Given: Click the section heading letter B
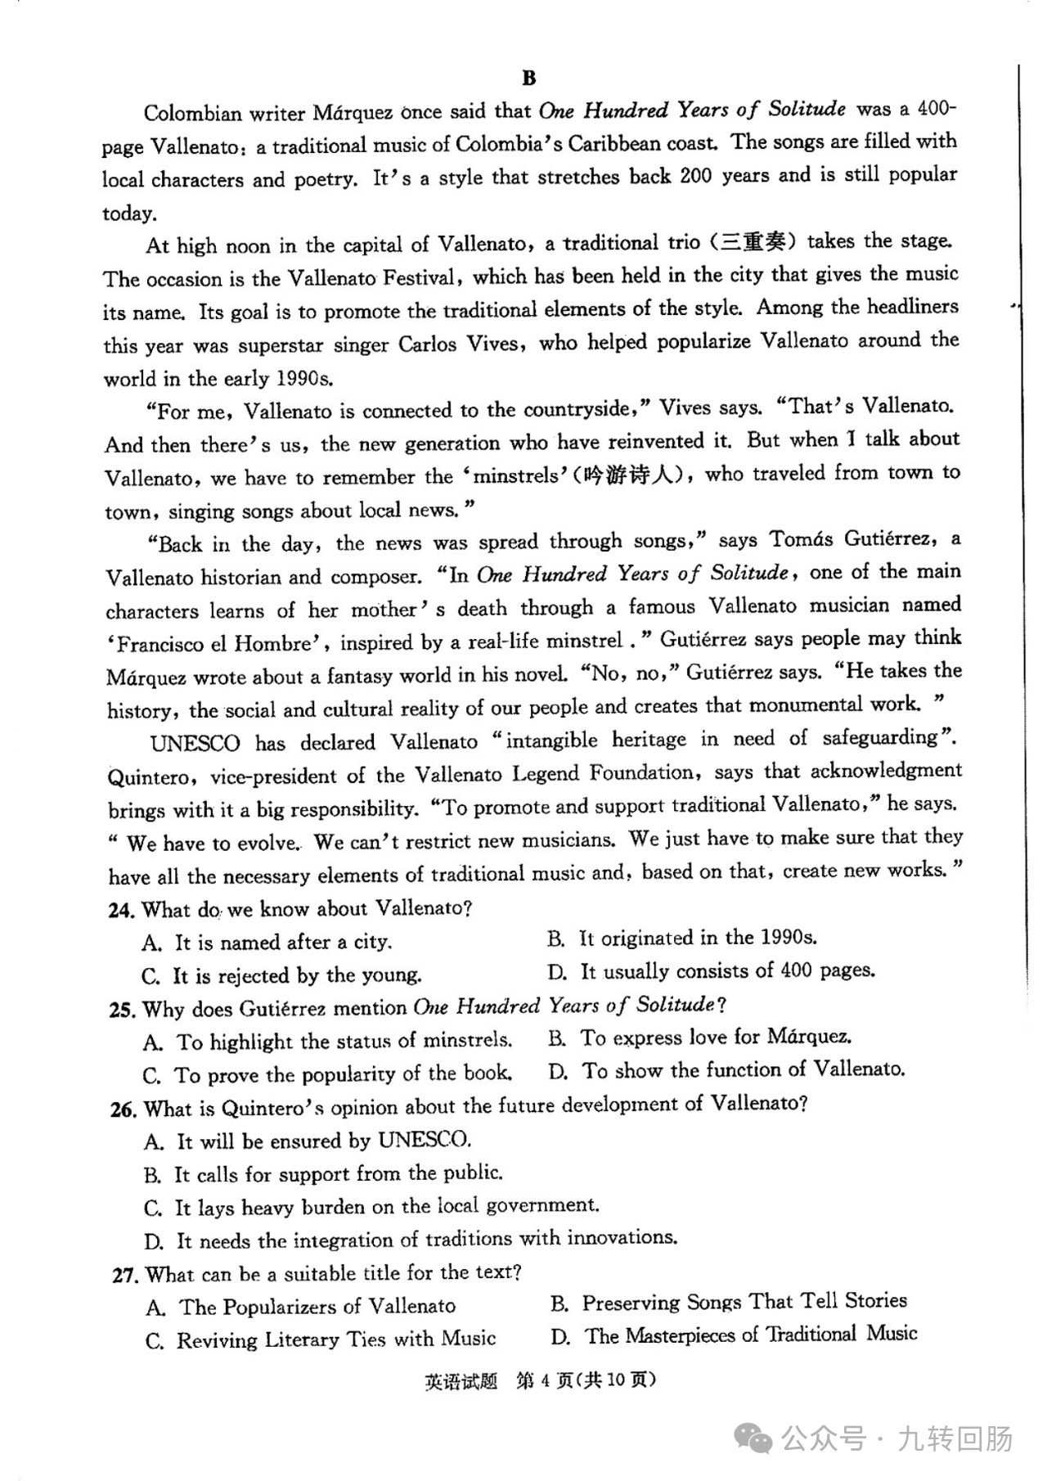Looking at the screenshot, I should (x=528, y=78).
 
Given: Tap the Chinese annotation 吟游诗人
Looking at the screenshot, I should (x=632, y=475).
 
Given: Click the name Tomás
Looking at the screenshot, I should (x=801, y=540).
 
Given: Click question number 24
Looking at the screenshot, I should (x=120, y=910).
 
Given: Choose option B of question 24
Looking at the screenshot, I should (x=682, y=939).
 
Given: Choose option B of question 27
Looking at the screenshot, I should (x=729, y=1302).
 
